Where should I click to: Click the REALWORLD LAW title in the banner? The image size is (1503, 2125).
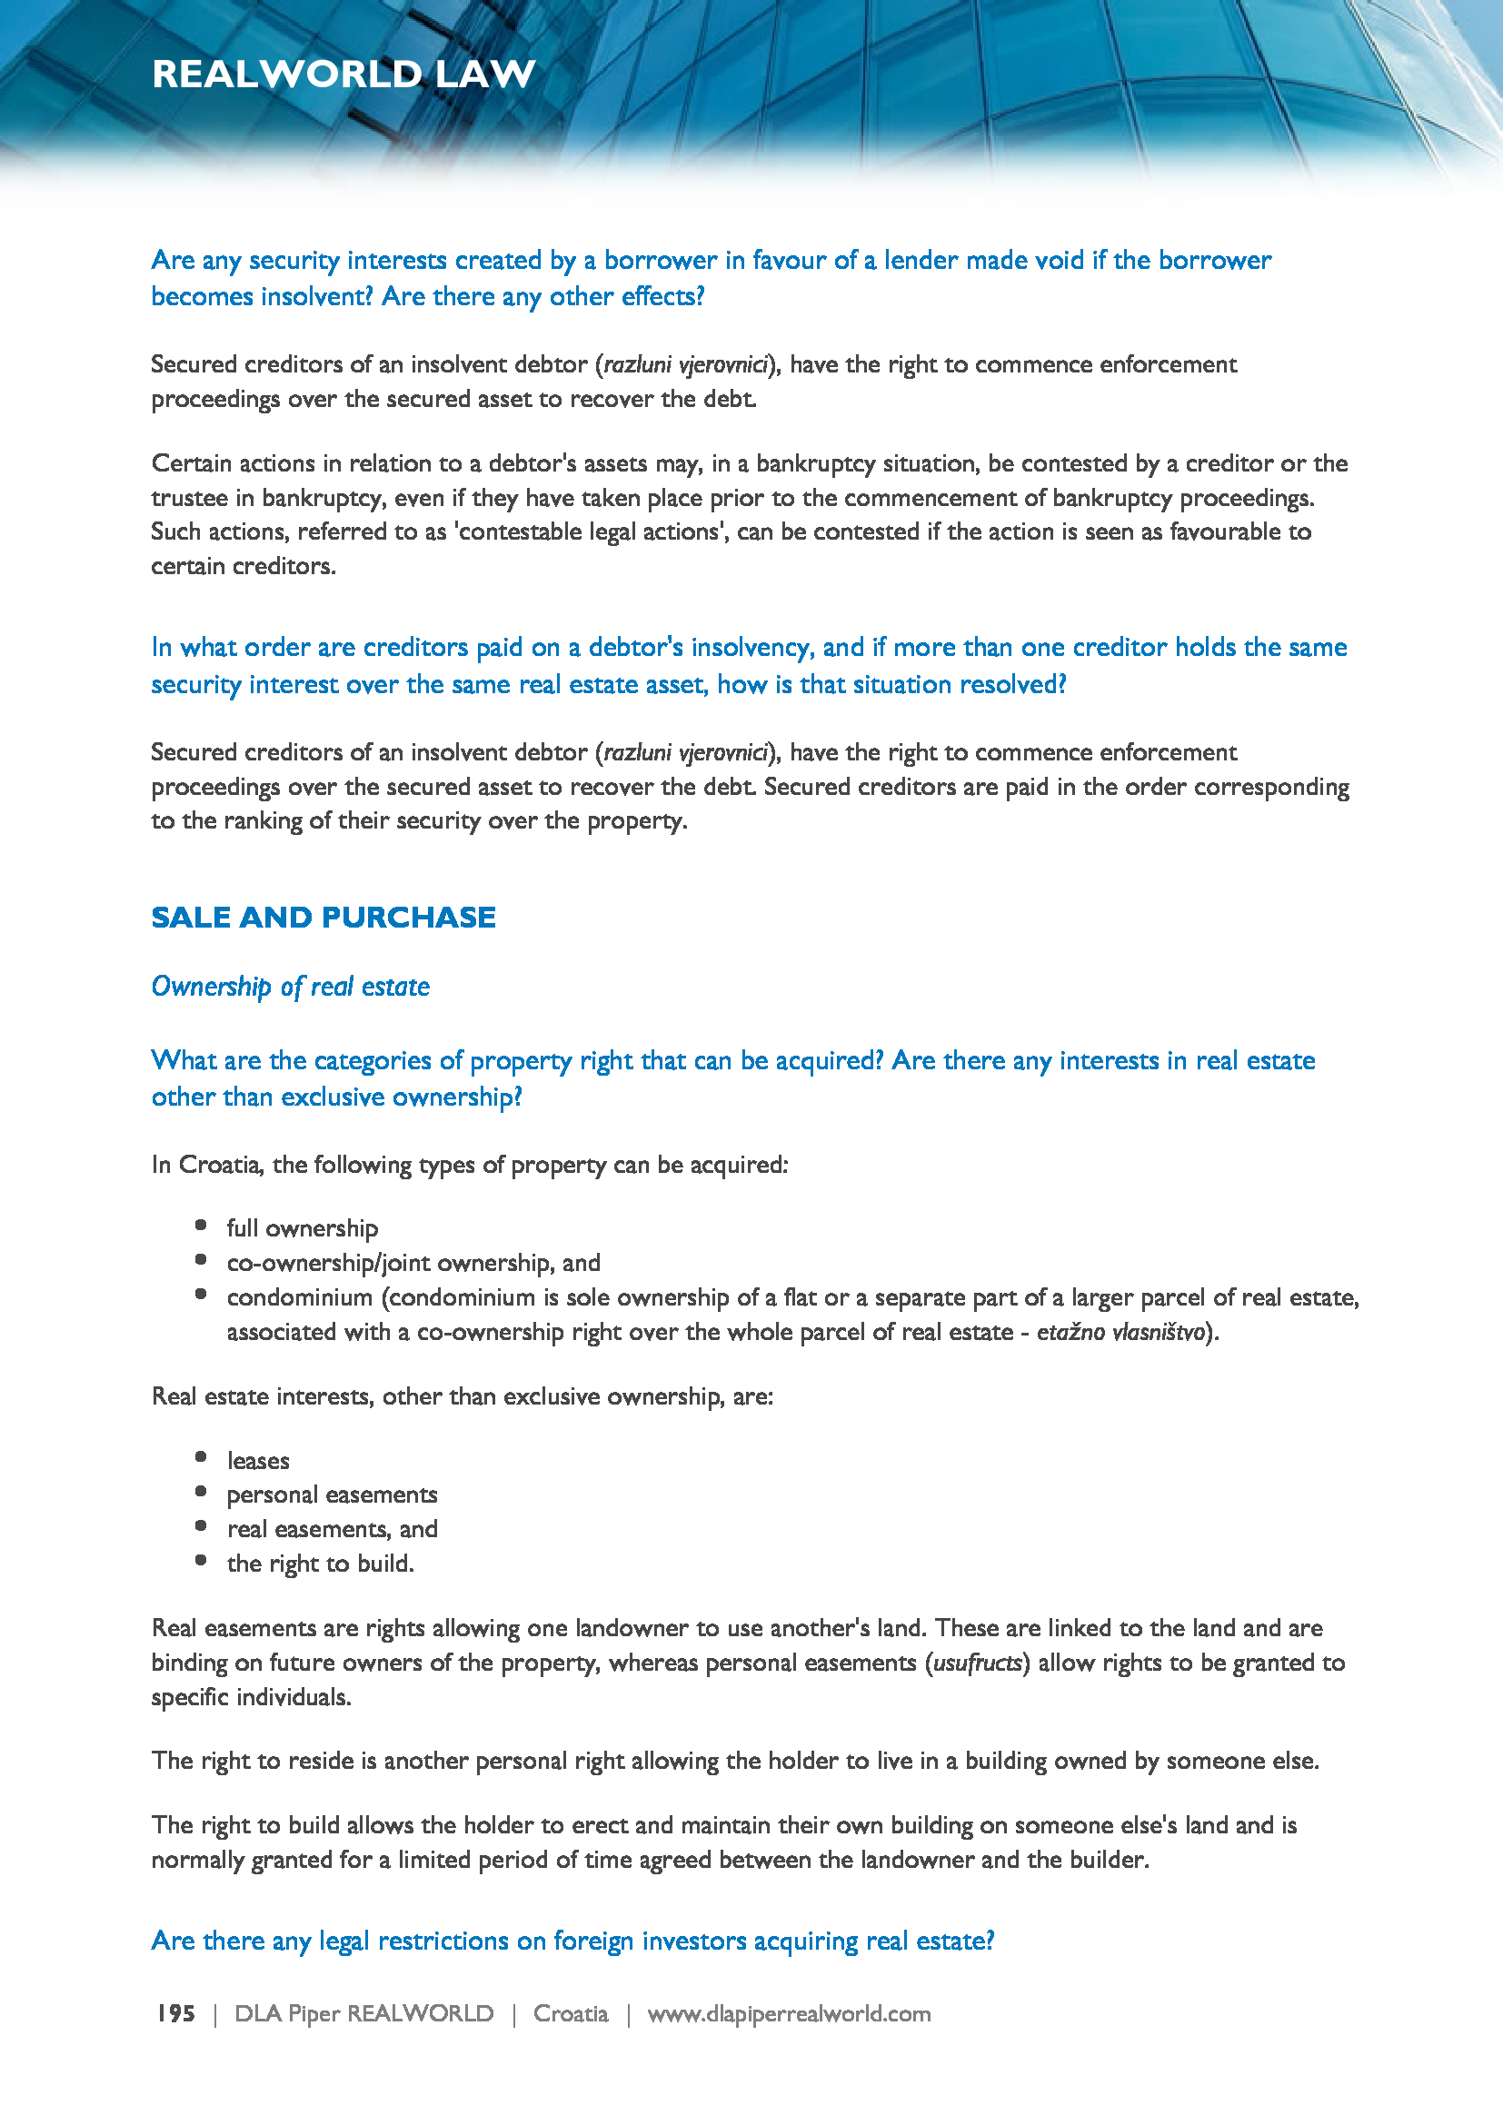[343, 74]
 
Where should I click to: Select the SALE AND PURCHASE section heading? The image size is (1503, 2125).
[323, 918]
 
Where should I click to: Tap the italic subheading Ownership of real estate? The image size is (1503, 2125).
[290, 987]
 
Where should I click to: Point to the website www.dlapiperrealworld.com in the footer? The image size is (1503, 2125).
[789, 2014]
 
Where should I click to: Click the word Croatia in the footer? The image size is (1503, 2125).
[570, 2014]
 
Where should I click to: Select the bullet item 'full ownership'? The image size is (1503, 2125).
[302, 1228]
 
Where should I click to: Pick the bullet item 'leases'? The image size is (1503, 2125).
[257, 1461]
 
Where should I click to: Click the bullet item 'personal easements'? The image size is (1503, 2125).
[332, 1494]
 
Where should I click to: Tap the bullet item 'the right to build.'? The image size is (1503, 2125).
[320, 1564]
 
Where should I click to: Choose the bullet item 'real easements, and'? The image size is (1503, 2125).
[332, 1529]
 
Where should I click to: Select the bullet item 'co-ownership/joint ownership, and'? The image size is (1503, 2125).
[413, 1263]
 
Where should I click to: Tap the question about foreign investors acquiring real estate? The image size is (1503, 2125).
[572, 1940]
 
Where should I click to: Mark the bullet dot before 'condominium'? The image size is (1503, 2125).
[201, 1295]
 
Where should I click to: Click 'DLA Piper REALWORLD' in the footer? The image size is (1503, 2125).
[363, 2014]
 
